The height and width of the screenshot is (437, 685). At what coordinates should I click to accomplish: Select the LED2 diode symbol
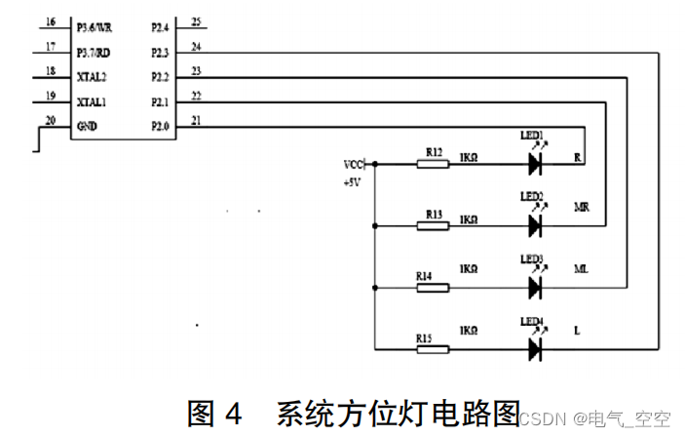tap(534, 226)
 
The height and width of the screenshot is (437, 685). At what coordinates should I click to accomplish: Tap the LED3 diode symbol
tap(534, 288)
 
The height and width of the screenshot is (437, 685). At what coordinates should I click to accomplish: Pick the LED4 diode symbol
tap(534, 348)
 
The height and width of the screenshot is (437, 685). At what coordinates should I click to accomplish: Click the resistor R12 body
tap(433, 165)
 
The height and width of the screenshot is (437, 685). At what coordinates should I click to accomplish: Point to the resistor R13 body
tap(433, 226)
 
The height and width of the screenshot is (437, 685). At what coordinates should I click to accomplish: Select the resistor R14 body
tap(433, 288)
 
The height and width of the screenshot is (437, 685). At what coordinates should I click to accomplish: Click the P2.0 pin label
tap(160, 125)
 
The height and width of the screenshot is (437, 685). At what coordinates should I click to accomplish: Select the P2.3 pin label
tap(160, 52)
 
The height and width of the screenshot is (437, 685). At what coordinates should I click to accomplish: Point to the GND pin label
tap(87, 125)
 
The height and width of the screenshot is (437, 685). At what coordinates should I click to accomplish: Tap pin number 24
tap(197, 46)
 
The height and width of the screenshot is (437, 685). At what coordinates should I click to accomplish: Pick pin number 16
tap(51, 21)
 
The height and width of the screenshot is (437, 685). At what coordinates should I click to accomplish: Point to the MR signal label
tap(581, 208)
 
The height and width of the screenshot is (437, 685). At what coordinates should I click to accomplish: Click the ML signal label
tap(581, 269)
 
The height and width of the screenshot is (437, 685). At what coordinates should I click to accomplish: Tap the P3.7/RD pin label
tap(95, 52)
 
